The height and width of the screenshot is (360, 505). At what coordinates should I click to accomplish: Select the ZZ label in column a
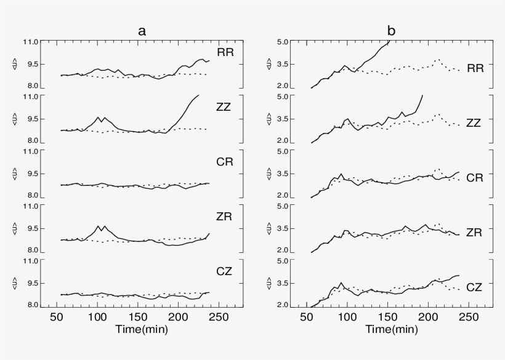[226, 106]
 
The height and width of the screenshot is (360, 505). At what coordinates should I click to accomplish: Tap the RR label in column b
[475, 68]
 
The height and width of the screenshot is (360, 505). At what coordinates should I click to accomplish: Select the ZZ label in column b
[474, 123]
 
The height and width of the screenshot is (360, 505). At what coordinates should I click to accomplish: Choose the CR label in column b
[474, 178]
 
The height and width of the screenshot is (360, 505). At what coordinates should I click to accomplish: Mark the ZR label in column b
[474, 233]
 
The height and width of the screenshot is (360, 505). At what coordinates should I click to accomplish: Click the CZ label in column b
[474, 287]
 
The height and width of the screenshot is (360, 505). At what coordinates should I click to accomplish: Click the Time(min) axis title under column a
[142, 329]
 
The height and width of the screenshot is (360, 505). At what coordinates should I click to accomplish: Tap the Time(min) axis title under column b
[390, 329]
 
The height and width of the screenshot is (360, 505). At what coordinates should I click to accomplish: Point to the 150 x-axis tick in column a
[138, 318]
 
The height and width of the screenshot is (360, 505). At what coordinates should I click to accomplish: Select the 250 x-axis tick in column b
[469, 318]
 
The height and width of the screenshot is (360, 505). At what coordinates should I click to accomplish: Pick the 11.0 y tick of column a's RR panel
[31, 42]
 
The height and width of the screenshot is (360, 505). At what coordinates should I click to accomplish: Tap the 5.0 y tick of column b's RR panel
[283, 42]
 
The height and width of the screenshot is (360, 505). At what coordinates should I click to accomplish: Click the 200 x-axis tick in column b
[429, 318]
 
